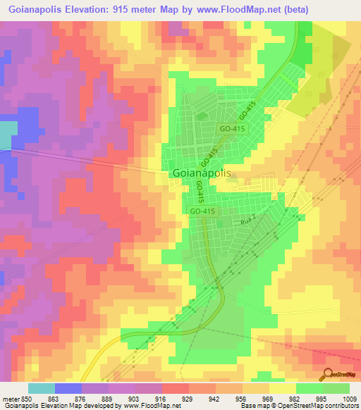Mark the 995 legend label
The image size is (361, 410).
coord(322,398)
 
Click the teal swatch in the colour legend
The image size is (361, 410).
coord(42,388)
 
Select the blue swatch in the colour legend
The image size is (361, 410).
coord(68,388)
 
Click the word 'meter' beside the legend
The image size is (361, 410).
coord(11,398)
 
